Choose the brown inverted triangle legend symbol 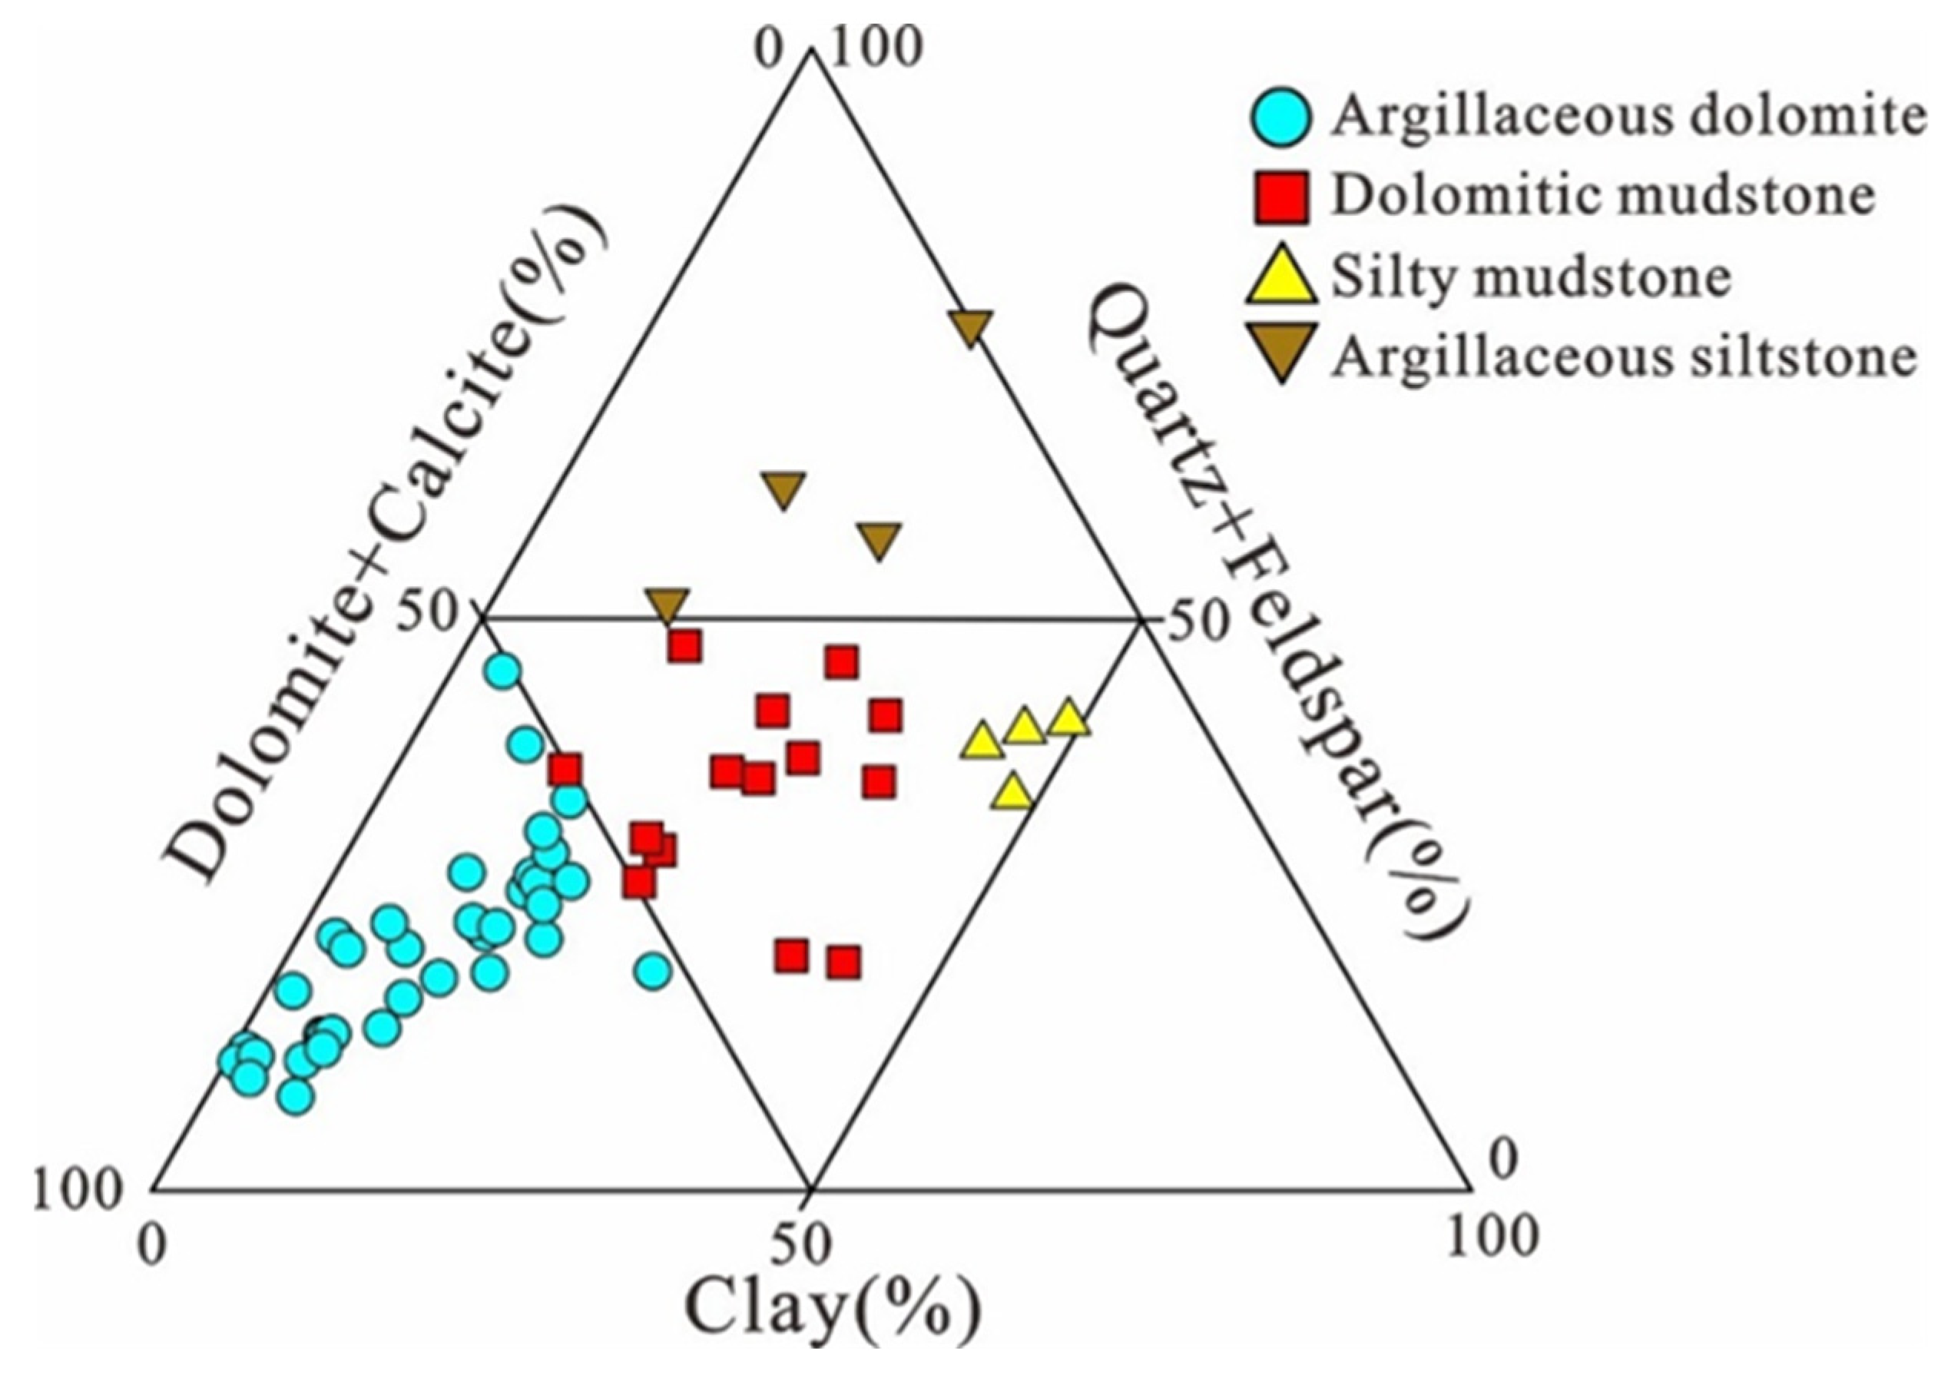click(1281, 352)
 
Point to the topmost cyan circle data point click(503, 671)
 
